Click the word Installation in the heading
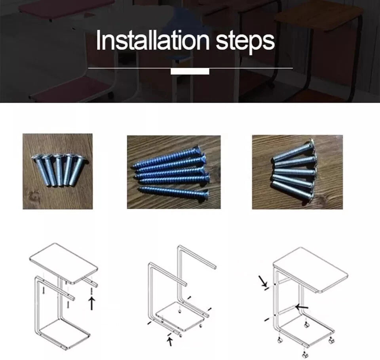(152, 40)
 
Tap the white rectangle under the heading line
(190, 72)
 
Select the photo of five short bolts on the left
(58, 171)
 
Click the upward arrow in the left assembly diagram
(91, 303)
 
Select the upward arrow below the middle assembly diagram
(170, 341)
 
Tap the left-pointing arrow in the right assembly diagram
(302, 307)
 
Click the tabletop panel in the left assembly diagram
(63, 263)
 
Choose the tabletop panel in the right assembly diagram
(311, 270)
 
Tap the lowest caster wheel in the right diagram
(304, 355)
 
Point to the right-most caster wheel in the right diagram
(331, 341)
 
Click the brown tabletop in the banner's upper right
(318, 15)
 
